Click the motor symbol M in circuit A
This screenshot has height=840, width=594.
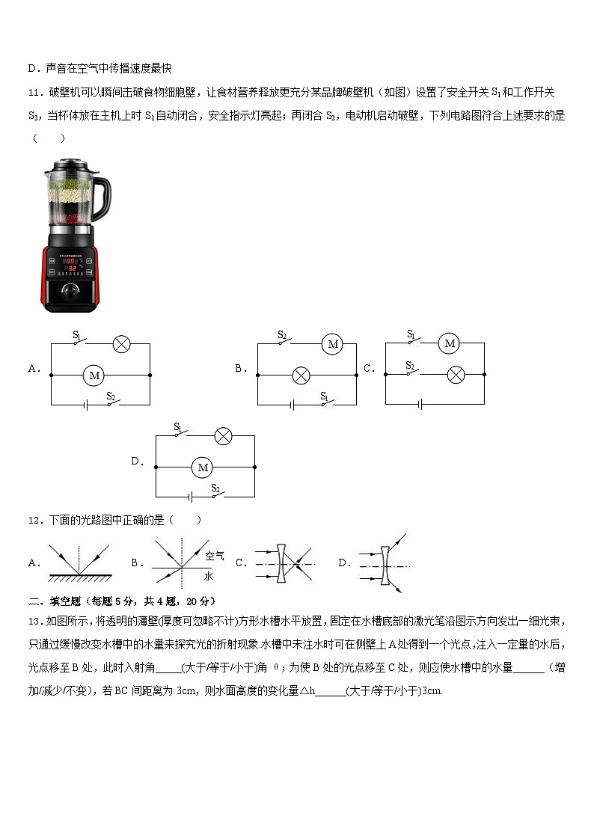[94, 375]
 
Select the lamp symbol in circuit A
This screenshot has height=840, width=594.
[121, 344]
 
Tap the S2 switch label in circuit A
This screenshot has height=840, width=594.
[110, 396]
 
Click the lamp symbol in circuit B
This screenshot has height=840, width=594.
[301, 375]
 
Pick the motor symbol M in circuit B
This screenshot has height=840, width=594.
[333, 344]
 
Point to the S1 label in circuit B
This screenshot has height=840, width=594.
[325, 395]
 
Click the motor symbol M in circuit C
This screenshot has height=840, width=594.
[449, 343]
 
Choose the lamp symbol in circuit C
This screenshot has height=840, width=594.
[456, 375]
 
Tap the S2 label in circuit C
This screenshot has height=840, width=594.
[410, 365]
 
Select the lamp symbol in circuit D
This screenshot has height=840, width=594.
[224, 436]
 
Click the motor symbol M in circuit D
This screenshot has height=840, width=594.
[201, 467]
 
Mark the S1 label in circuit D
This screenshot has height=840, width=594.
[178, 426]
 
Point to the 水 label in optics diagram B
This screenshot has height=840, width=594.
[208, 576]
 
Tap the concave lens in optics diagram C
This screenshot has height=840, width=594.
[281, 563]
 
